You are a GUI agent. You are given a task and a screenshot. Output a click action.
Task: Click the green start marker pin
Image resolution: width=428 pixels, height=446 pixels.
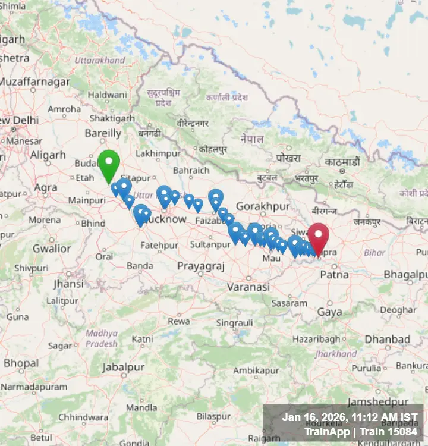pyautogui.click(x=109, y=164)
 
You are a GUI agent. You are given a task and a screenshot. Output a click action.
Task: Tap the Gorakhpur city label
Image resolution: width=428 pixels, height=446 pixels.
pyautogui.click(x=262, y=206)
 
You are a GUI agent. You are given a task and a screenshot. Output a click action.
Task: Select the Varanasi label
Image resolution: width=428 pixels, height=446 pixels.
pyautogui.click(x=248, y=287)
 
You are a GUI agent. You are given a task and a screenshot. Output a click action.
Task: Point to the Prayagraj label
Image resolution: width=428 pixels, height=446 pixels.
pyautogui.click(x=200, y=266)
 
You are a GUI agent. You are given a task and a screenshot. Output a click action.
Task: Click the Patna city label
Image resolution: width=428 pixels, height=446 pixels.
pyautogui.click(x=330, y=275)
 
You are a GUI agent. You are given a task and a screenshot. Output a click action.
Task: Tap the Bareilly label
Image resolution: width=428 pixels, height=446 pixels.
pyautogui.click(x=103, y=133)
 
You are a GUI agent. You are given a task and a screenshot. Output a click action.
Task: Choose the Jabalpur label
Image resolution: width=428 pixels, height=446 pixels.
pyautogui.click(x=123, y=368)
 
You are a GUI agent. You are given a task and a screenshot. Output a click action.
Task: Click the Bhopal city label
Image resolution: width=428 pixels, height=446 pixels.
pyautogui.click(x=21, y=363)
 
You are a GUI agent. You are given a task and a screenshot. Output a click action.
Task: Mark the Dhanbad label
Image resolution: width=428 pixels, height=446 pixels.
pyautogui.click(x=387, y=339)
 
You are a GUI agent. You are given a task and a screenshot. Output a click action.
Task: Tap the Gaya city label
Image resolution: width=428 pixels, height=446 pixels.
pyautogui.click(x=329, y=312)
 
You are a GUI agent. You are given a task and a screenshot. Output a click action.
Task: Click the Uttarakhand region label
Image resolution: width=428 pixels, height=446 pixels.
pyautogui.click(x=100, y=60)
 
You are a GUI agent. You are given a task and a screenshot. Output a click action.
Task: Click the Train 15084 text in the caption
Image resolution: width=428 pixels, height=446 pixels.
pyautogui.click(x=390, y=432)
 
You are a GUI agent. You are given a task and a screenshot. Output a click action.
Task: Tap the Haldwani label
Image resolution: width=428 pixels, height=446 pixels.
pyautogui.click(x=108, y=95)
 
